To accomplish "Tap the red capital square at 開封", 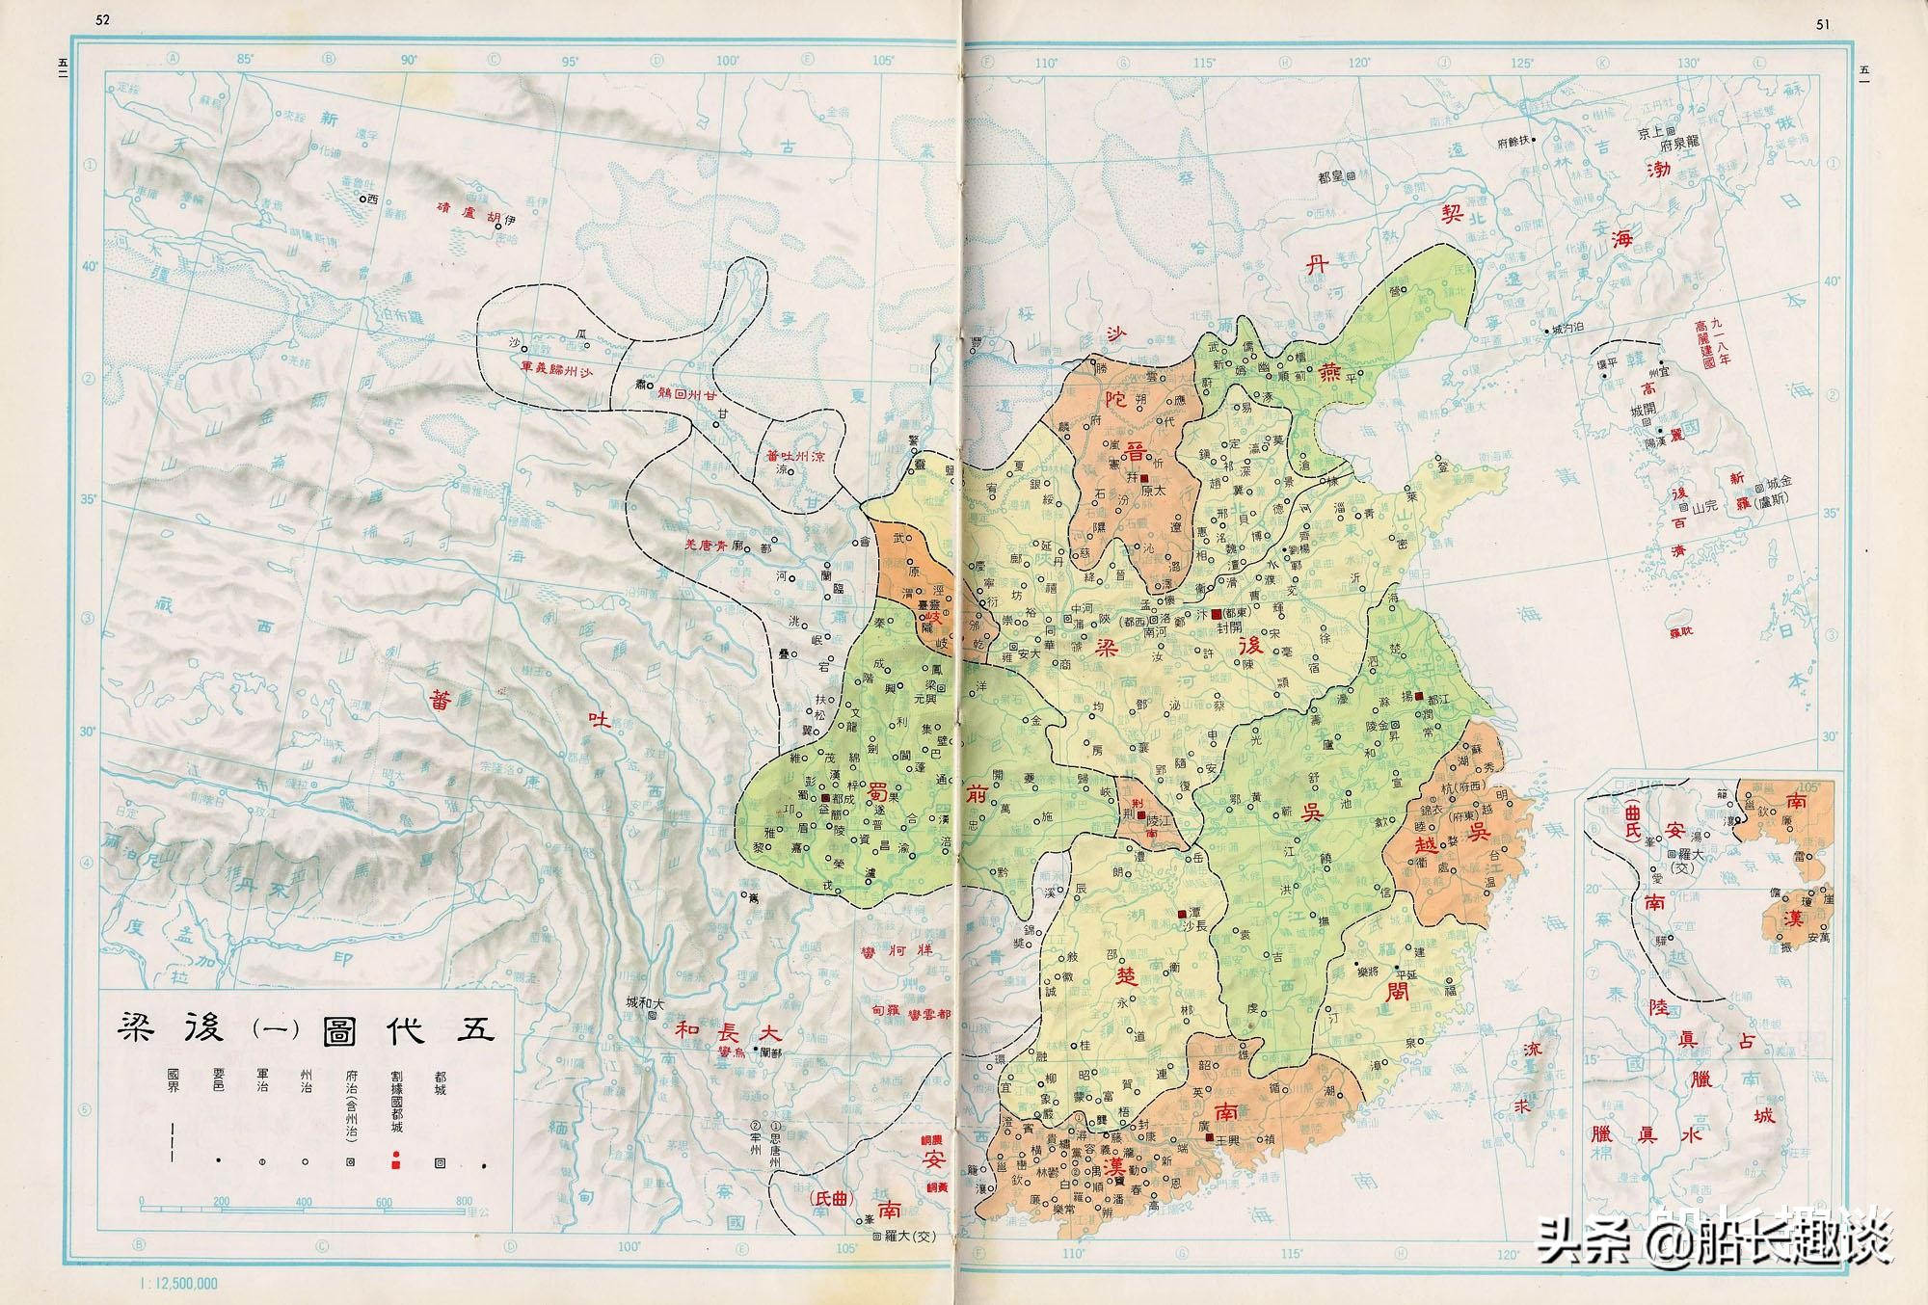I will point(1216,614).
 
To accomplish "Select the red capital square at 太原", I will point(1144,479).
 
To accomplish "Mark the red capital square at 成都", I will point(825,799).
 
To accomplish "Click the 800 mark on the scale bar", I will point(464,1202).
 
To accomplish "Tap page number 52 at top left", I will point(104,21).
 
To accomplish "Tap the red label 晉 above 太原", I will point(1137,451).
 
